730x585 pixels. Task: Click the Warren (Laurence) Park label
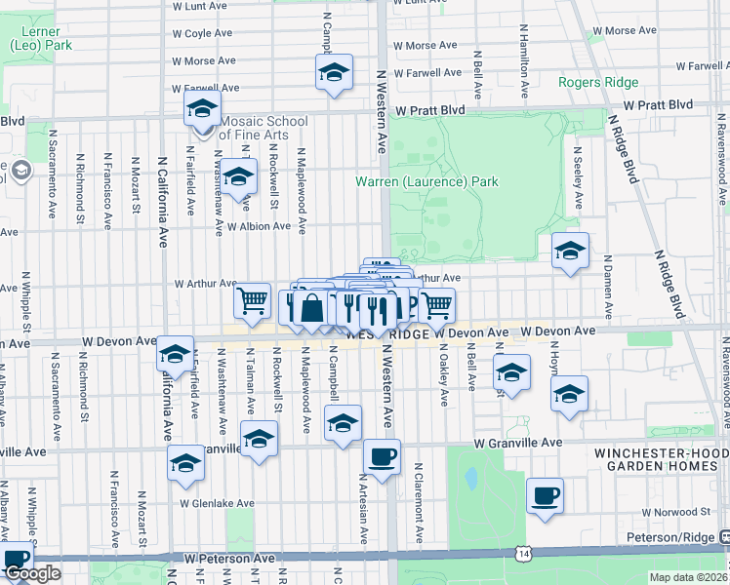coord(427,181)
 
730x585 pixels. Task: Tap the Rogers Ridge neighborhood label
coord(598,82)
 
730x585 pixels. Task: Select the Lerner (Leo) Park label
coord(41,38)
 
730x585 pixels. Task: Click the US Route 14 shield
coord(515,554)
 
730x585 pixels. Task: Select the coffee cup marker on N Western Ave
coord(382,455)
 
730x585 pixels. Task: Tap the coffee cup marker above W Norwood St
coord(545,495)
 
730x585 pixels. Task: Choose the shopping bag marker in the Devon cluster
coord(311,309)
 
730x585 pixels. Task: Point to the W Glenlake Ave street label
coord(217,504)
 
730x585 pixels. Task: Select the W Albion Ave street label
coord(259,226)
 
